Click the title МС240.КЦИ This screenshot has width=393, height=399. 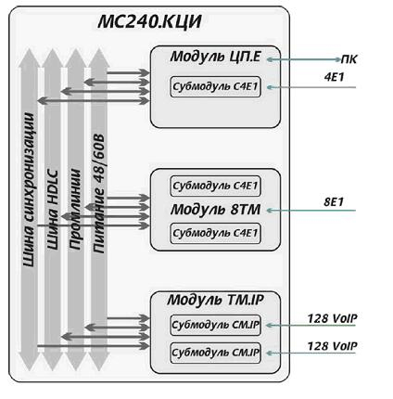click(x=149, y=22)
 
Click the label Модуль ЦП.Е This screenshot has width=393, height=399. click(x=216, y=57)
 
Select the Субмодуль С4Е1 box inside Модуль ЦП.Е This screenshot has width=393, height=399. click(x=215, y=87)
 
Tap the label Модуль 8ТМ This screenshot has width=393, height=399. click(x=215, y=210)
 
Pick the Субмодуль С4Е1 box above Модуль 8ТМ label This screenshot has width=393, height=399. click(x=215, y=186)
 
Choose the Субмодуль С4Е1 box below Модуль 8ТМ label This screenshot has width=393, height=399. click(x=215, y=233)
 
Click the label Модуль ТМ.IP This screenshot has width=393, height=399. click(x=215, y=300)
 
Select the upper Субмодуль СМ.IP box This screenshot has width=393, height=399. click(x=215, y=325)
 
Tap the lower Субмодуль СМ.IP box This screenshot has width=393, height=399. click(x=215, y=353)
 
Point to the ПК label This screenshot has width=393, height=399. click(x=349, y=59)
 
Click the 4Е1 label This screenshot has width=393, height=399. click(x=334, y=77)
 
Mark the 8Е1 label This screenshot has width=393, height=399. click(x=334, y=202)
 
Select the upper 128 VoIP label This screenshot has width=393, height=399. click(x=332, y=318)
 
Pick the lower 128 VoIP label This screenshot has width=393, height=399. click(x=332, y=346)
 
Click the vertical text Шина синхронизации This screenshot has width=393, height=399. click(x=30, y=189)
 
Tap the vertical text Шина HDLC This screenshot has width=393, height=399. click(x=52, y=210)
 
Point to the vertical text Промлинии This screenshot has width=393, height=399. click(x=75, y=210)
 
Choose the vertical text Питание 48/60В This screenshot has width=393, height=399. click(x=98, y=194)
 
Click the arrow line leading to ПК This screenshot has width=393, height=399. click(x=304, y=59)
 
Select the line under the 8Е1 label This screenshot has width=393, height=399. click(x=311, y=211)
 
